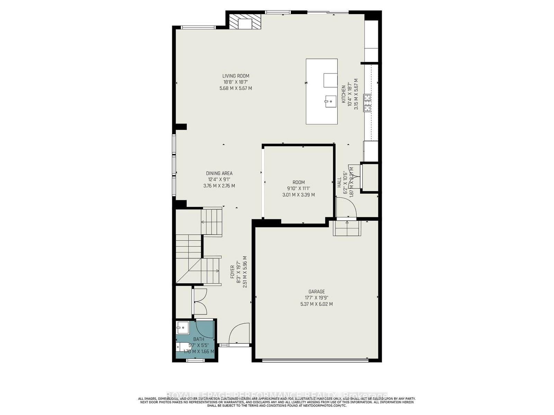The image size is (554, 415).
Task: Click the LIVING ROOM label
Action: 235,76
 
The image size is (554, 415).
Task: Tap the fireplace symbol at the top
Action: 245,22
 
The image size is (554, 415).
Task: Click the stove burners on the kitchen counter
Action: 367,103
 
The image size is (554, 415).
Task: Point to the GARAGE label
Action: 316,292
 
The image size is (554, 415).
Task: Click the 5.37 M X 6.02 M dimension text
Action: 316,304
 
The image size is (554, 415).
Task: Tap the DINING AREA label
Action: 219,174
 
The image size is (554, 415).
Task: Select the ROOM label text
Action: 298,182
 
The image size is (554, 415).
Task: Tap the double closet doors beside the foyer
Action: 200,301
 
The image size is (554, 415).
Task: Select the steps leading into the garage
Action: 347,229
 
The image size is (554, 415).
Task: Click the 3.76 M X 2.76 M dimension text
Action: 219,186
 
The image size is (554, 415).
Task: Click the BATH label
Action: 199,339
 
